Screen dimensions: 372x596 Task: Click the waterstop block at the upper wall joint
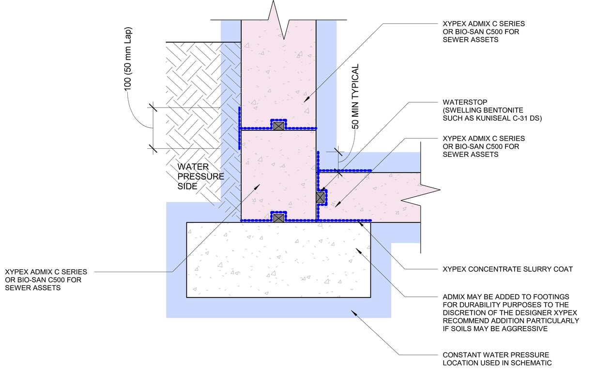[278, 126]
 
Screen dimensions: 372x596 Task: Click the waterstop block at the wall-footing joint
[278, 218]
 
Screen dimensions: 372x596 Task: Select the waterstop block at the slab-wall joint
[320, 197]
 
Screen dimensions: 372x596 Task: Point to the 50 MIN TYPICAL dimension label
[356, 96]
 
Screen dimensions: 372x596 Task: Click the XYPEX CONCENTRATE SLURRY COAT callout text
[507, 269]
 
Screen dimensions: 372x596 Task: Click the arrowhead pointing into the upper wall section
[305, 100]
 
